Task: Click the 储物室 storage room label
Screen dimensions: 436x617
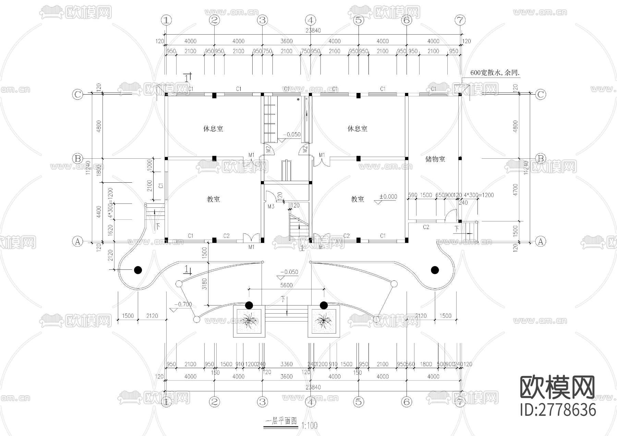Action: click(x=435, y=159)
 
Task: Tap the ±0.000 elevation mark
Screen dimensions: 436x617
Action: click(x=388, y=197)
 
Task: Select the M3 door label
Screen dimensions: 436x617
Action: click(x=271, y=207)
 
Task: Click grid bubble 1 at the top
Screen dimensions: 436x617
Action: click(x=166, y=20)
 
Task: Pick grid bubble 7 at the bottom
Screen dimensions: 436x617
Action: click(x=460, y=402)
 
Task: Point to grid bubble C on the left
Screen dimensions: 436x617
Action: click(x=78, y=94)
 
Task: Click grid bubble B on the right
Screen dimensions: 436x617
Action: click(x=541, y=158)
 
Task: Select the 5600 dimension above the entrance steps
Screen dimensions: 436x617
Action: click(x=287, y=285)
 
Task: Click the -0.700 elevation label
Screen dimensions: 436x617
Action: click(x=183, y=304)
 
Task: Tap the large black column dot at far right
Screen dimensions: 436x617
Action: click(x=435, y=270)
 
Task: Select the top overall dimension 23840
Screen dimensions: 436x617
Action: click(x=313, y=31)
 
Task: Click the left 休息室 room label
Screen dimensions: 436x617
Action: click(x=213, y=129)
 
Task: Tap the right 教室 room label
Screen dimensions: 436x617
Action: click(x=357, y=199)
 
